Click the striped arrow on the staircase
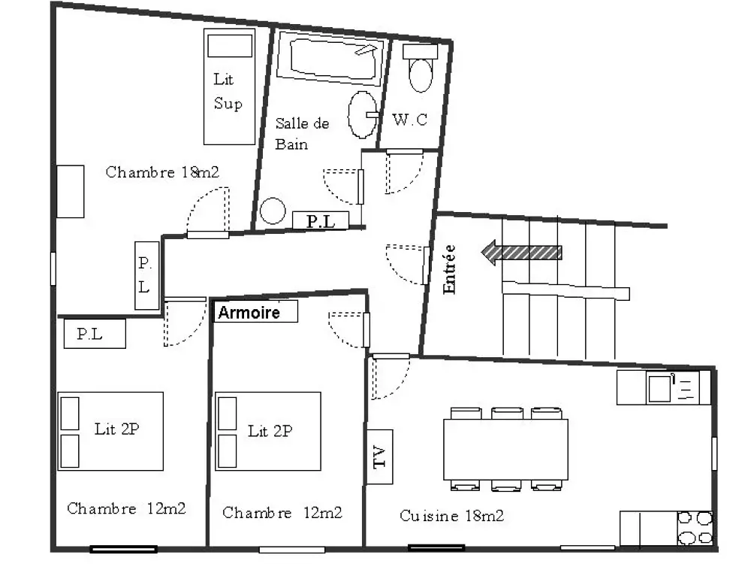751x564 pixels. tap(521, 253)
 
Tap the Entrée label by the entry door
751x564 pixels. tap(449, 269)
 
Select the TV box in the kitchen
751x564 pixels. tap(380, 456)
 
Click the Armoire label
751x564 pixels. tap(249, 313)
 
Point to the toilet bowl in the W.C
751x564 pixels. tap(421, 74)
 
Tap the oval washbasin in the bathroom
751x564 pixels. tap(363, 114)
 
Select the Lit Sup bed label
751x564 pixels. tap(228, 91)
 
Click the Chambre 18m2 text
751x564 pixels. tap(162, 171)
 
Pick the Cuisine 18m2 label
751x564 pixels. tap(451, 516)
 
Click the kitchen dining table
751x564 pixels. tap(505, 450)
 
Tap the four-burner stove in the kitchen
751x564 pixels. tap(695, 528)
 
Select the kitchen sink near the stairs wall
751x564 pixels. tap(659, 388)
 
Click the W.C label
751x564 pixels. tap(409, 120)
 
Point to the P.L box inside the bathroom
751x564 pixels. tap(321, 220)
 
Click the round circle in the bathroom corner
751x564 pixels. tap(273, 211)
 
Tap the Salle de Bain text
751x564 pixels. tap(302, 134)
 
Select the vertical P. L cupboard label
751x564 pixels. tap(145, 274)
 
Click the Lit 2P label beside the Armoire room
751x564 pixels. tap(270, 431)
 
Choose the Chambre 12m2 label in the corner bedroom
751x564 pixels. tap(126, 508)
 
